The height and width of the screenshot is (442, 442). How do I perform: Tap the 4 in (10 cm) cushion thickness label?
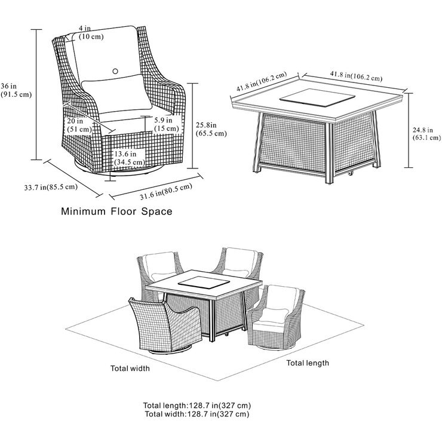click(90, 33)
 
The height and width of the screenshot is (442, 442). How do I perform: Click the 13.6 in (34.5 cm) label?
click(129, 158)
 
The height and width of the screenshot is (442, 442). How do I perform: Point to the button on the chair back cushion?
click(115, 70)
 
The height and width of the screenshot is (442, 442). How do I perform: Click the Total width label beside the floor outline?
click(130, 369)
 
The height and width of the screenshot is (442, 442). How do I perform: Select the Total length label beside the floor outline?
click(308, 363)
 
